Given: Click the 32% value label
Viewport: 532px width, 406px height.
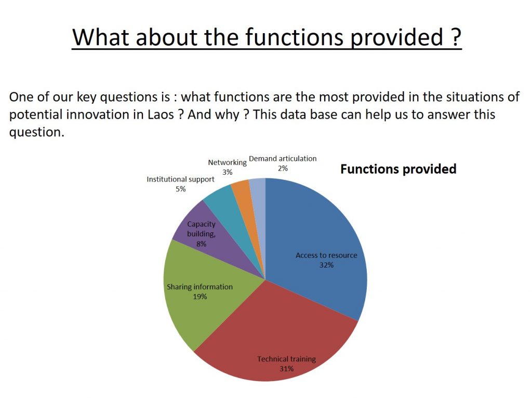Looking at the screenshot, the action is pos(326,265).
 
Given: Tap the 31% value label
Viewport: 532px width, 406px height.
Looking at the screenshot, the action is pos(286,369).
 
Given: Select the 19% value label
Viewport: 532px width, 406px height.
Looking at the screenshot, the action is pos(200,297).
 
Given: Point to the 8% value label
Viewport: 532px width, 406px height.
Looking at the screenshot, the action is pos(201,244).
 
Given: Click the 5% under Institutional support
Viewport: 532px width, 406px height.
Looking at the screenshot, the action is pos(180,189).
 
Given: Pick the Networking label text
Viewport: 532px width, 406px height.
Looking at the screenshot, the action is pos(228,162).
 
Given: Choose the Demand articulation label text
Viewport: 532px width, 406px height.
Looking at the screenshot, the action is pos(283,159).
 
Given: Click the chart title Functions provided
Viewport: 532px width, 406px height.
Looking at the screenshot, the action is pos(398,169).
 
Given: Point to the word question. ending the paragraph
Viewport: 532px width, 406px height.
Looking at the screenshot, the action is pos(37,132).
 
